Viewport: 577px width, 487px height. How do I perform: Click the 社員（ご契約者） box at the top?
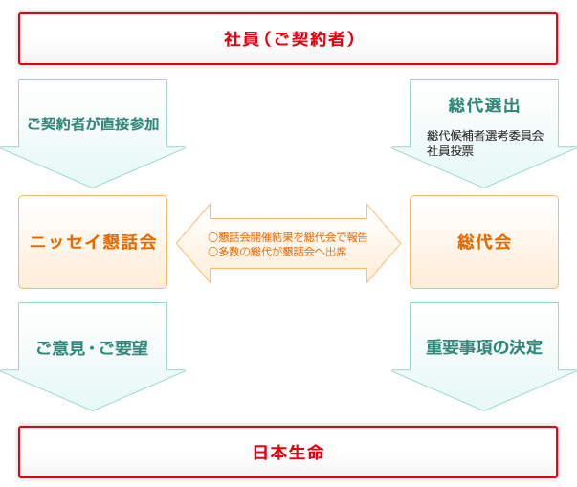pos(288,39)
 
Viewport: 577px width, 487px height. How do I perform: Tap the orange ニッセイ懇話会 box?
pos(93,242)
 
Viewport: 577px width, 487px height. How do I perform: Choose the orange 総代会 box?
pos(484,242)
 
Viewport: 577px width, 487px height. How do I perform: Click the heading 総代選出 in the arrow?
pos(484,105)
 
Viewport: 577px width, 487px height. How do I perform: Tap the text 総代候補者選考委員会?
pos(485,135)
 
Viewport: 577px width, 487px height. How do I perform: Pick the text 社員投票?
pos(450,150)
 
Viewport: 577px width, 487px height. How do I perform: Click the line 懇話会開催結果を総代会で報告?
pos(288,236)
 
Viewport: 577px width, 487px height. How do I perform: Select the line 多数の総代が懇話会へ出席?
pos(277,251)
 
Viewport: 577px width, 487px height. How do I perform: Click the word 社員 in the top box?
pos(237,39)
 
